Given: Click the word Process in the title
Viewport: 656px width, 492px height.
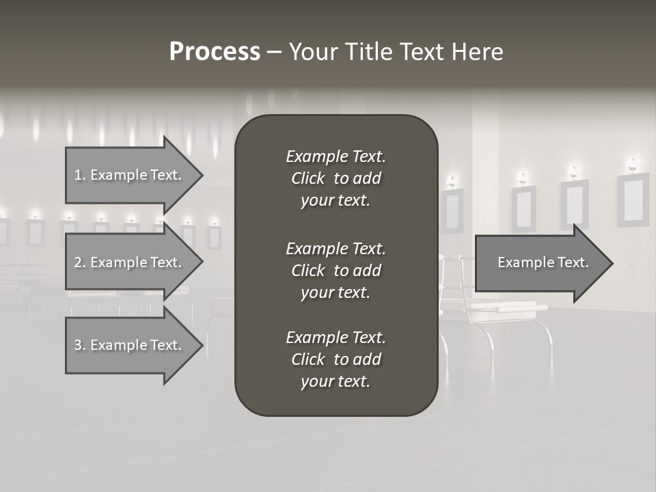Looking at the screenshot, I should point(215,52).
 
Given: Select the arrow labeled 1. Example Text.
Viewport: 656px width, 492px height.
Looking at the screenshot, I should point(130,175).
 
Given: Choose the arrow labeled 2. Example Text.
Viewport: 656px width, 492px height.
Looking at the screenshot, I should point(130,262).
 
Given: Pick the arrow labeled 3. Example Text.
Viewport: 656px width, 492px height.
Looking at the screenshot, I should point(130,345).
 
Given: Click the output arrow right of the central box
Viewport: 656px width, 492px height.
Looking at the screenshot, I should point(540,263).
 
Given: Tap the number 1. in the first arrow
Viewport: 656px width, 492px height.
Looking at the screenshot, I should point(79,175).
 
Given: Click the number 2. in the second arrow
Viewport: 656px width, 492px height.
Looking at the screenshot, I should point(79,262).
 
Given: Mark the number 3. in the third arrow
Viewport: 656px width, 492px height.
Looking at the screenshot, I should point(79,345).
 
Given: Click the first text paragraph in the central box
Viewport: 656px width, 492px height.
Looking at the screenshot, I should point(336,178).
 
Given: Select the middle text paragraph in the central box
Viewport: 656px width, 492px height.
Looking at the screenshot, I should point(336,271).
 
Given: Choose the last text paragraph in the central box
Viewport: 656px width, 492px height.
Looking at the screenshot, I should point(336,359).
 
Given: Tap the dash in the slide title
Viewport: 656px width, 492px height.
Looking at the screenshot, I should point(274,52).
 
